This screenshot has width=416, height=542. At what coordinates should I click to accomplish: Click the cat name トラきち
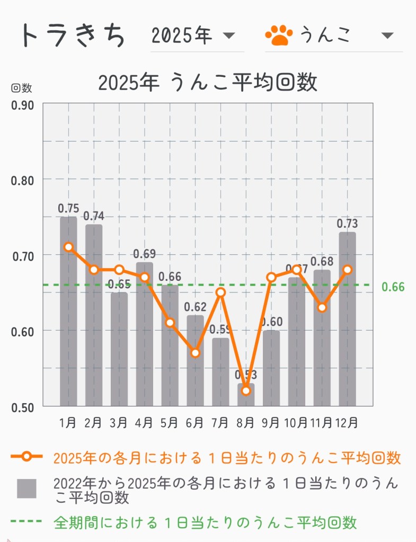pos(73,35)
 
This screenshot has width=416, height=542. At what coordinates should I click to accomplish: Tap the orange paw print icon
pos(279,35)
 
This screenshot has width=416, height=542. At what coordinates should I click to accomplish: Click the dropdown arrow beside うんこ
pos(387,35)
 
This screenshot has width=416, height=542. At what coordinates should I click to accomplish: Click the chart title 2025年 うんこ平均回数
pos(208,83)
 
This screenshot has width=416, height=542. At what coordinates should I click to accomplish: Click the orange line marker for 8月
pos(246,390)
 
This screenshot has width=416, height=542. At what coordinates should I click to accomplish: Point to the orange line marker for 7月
pos(220,292)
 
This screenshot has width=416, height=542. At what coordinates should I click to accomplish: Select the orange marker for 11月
pos(322,307)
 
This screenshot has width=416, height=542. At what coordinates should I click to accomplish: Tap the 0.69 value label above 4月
pos(144,254)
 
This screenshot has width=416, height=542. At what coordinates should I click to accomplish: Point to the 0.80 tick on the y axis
pos(22,180)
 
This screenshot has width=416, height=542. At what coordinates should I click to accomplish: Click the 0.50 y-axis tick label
pos(22,407)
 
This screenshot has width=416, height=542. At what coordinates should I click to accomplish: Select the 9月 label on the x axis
pos(271,423)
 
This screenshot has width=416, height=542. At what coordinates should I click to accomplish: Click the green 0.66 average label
pos(393,287)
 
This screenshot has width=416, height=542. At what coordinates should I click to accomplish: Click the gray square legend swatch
pos(26,488)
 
